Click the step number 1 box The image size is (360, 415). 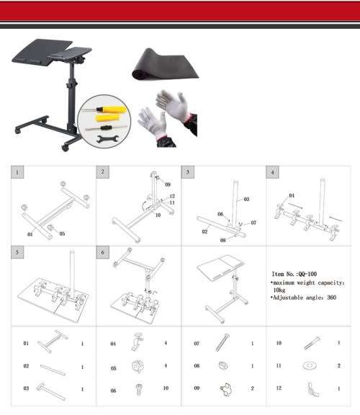(18, 172)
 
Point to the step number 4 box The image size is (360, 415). (273, 172)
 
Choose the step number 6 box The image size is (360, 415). (103, 253)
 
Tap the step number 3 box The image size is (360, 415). (188, 172)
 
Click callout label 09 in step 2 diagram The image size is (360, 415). (168, 185)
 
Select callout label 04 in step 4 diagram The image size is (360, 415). (292, 195)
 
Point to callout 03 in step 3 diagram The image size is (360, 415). (246, 199)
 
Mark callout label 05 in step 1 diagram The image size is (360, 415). (62, 233)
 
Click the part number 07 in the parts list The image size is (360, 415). (197, 344)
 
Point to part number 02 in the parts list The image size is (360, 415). (26, 367)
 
